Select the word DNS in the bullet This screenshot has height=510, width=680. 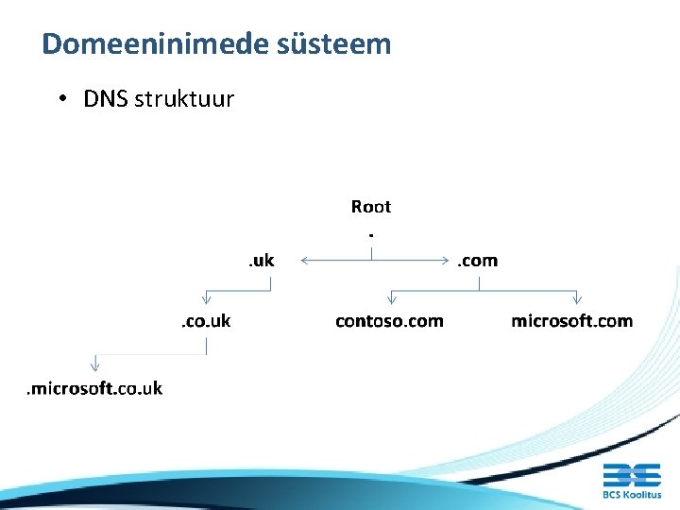106,98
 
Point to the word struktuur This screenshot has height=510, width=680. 184,98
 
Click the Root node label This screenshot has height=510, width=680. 370,206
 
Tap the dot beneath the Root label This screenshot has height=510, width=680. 371,232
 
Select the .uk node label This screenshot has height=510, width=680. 261,260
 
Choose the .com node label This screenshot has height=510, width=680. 477,260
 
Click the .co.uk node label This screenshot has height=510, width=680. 206,321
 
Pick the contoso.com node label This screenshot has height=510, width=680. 389,321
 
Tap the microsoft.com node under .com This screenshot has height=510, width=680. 571,321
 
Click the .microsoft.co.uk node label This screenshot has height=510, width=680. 94,388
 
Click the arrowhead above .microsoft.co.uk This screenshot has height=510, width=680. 94,364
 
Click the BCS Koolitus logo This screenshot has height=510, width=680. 632,480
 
